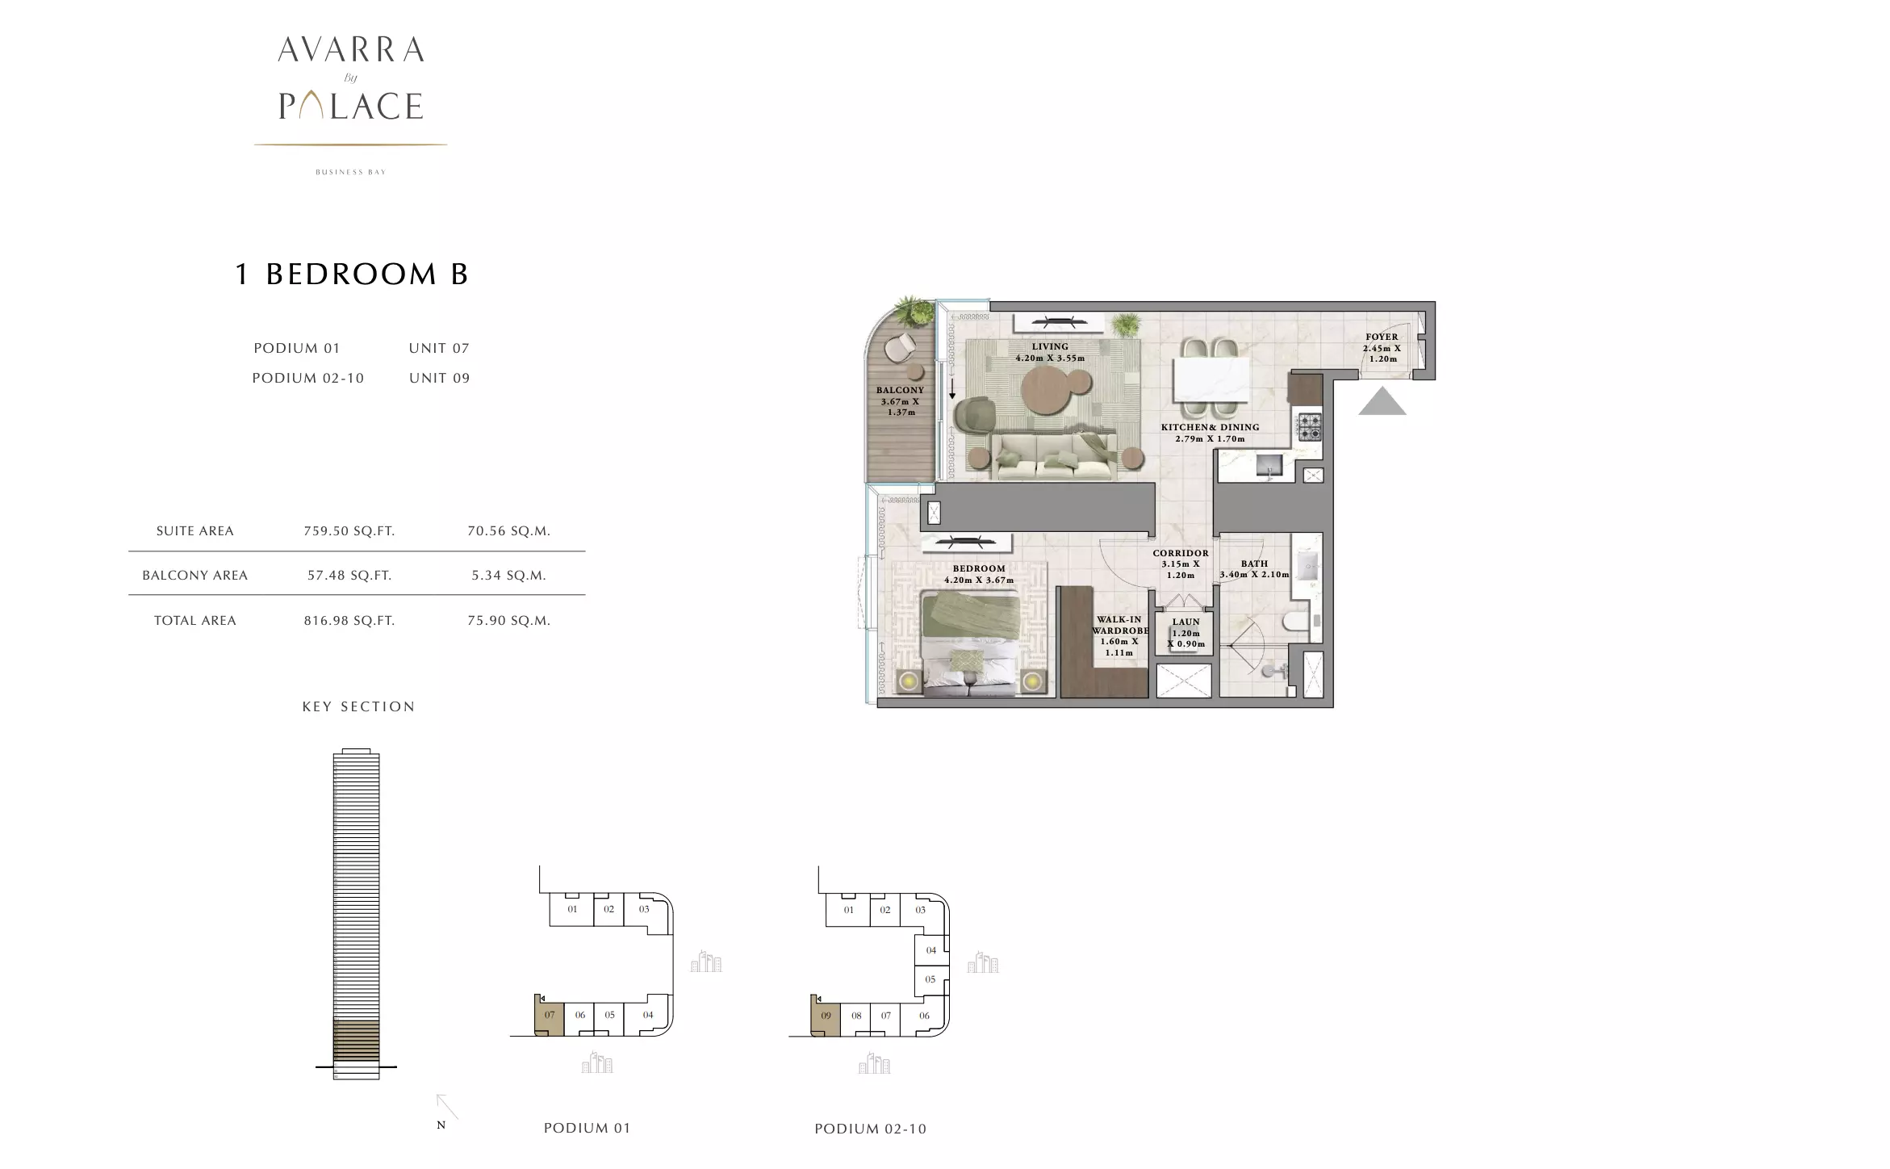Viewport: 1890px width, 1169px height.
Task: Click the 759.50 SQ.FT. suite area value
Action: coord(349,531)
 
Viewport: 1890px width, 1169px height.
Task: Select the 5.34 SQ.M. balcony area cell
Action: coord(508,576)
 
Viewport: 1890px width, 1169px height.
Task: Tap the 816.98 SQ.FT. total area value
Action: coord(349,621)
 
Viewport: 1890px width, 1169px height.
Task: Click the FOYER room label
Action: coord(1382,337)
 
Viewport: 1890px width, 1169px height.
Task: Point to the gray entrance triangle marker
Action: coord(1382,401)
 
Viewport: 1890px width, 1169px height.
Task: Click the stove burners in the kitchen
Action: coord(1307,427)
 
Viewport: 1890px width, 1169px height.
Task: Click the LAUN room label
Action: coord(1185,622)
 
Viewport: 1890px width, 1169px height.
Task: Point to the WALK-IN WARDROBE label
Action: coord(1119,625)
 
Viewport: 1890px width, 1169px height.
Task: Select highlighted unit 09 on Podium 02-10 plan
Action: coord(825,1016)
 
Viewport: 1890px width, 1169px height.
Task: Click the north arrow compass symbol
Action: coord(447,1107)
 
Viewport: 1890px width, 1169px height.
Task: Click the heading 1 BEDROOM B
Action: coord(351,274)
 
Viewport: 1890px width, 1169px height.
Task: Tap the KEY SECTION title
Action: coord(358,706)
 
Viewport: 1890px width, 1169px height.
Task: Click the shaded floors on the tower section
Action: coord(356,1041)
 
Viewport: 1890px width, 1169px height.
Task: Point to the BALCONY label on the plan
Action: coord(900,390)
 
